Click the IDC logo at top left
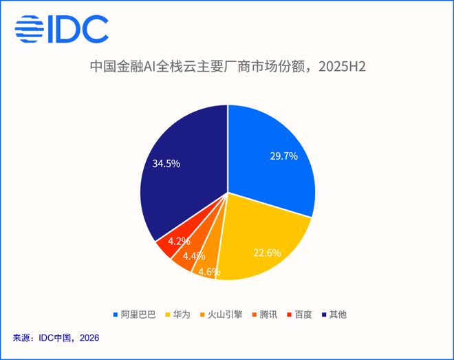tap(61, 29)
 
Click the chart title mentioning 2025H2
tap(228, 67)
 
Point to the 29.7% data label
tap(283, 156)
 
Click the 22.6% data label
tap(268, 253)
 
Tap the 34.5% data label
tap(166, 164)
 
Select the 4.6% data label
tap(209, 272)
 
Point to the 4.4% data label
tap(194, 256)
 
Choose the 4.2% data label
tap(179, 241)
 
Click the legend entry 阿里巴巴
tap(135, 315)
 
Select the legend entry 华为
tap(177, 315)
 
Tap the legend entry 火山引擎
tap(221, 315)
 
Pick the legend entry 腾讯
tap(265, 315)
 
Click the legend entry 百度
tap(299, 315)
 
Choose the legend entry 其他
tap(334, 315)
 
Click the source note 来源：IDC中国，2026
tap(56, 338)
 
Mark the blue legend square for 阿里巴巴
tap(116, 315)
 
